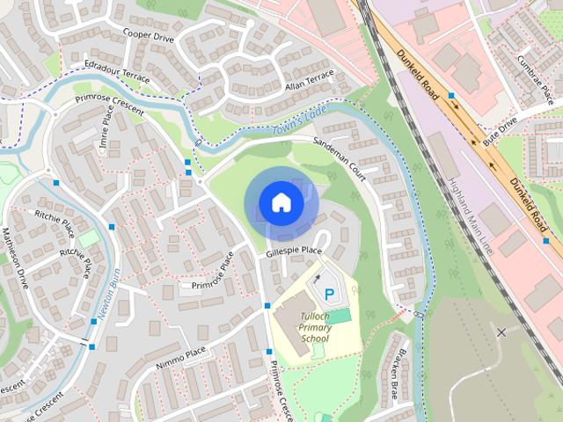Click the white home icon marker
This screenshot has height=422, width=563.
(x=281, y=202)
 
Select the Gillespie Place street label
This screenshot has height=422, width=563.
(x=295, y=252)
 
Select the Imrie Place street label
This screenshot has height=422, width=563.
(x=107, y=132)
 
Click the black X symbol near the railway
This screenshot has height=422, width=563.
(x=501, y=332)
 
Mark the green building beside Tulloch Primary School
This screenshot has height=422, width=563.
(x=340, y=315)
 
